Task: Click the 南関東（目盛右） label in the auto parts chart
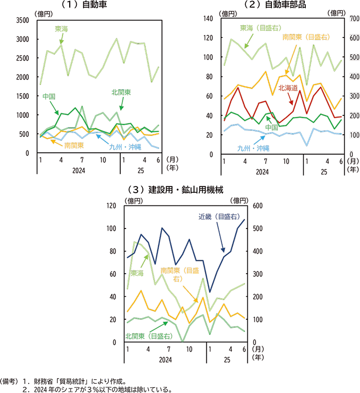[x=305, y=37]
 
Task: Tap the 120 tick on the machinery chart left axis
[x=110, y=205]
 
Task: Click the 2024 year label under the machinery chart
[x=164, y=361]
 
